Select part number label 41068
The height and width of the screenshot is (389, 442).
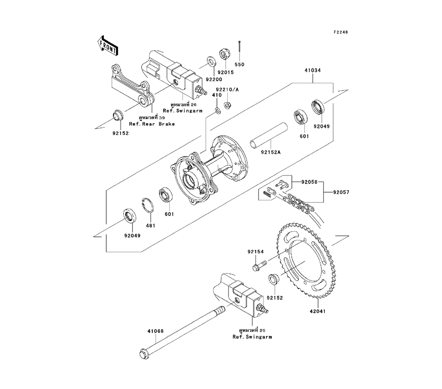tap(155, 331)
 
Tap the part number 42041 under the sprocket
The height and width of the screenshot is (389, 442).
tap(316, 311)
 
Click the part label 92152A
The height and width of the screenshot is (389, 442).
tap(271, 152)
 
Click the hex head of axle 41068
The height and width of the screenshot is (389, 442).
tap(143, 353)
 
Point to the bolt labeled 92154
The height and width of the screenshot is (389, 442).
tap(258, 266)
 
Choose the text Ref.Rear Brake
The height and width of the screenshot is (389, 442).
tap(152, 124)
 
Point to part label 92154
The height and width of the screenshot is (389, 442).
tap(255, 252)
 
